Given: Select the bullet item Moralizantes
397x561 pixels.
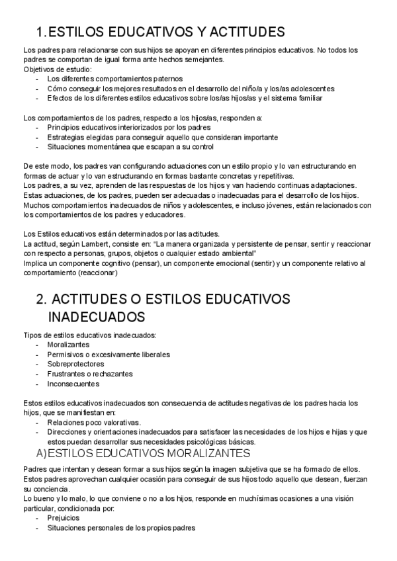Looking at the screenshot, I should coord(68,345).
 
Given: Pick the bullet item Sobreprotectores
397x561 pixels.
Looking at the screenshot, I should coord(75,364).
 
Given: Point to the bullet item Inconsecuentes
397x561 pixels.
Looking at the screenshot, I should coord(73,384).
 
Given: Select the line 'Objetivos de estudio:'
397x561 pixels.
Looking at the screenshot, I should coord(58,69).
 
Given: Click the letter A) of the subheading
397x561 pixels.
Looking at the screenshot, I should coord(42,453).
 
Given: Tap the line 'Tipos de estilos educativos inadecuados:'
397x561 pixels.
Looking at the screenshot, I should coord(89,335).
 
